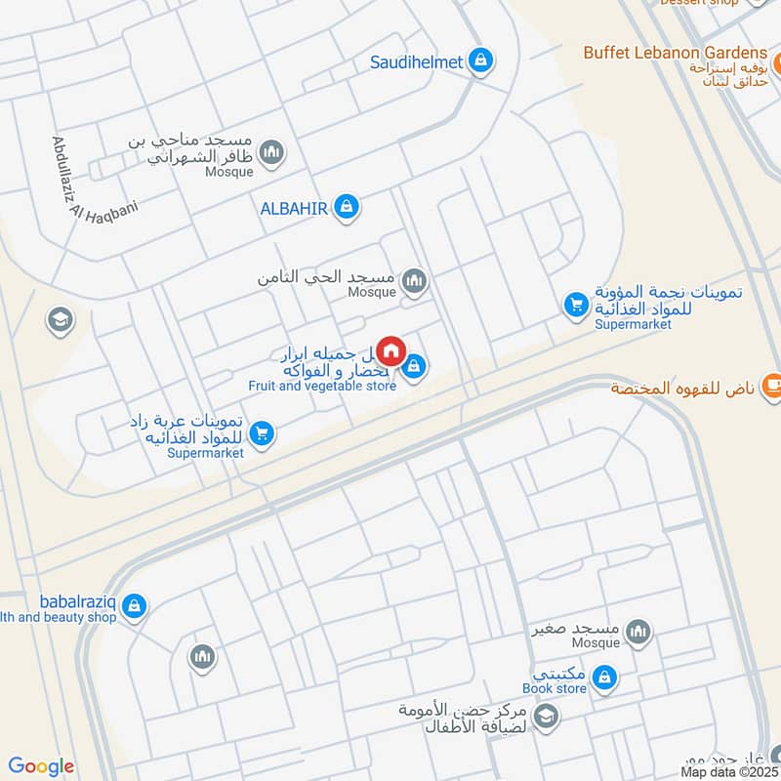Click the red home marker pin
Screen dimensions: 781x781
[390, 350]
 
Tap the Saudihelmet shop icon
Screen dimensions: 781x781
[479, 62]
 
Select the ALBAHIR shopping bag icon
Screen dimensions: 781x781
[346, 207]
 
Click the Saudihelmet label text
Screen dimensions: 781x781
[417, 62]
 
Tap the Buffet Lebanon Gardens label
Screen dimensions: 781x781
[676, 52]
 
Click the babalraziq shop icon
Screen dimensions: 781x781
[135, 607]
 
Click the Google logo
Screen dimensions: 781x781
[41, 766]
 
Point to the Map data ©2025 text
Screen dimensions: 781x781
[729, 771]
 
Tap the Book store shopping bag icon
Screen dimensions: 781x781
[605, 676]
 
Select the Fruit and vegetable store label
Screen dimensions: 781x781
[322, 386]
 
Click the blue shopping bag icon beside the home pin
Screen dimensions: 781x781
[414, 367]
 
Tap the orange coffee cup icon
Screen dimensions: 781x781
[772, 388]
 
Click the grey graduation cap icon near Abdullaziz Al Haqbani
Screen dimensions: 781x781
[61, 319]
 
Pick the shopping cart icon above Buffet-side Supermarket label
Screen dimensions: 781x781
[576, 307]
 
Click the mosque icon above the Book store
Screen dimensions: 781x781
[638, 633]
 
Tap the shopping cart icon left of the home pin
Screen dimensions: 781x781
[262, 433]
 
